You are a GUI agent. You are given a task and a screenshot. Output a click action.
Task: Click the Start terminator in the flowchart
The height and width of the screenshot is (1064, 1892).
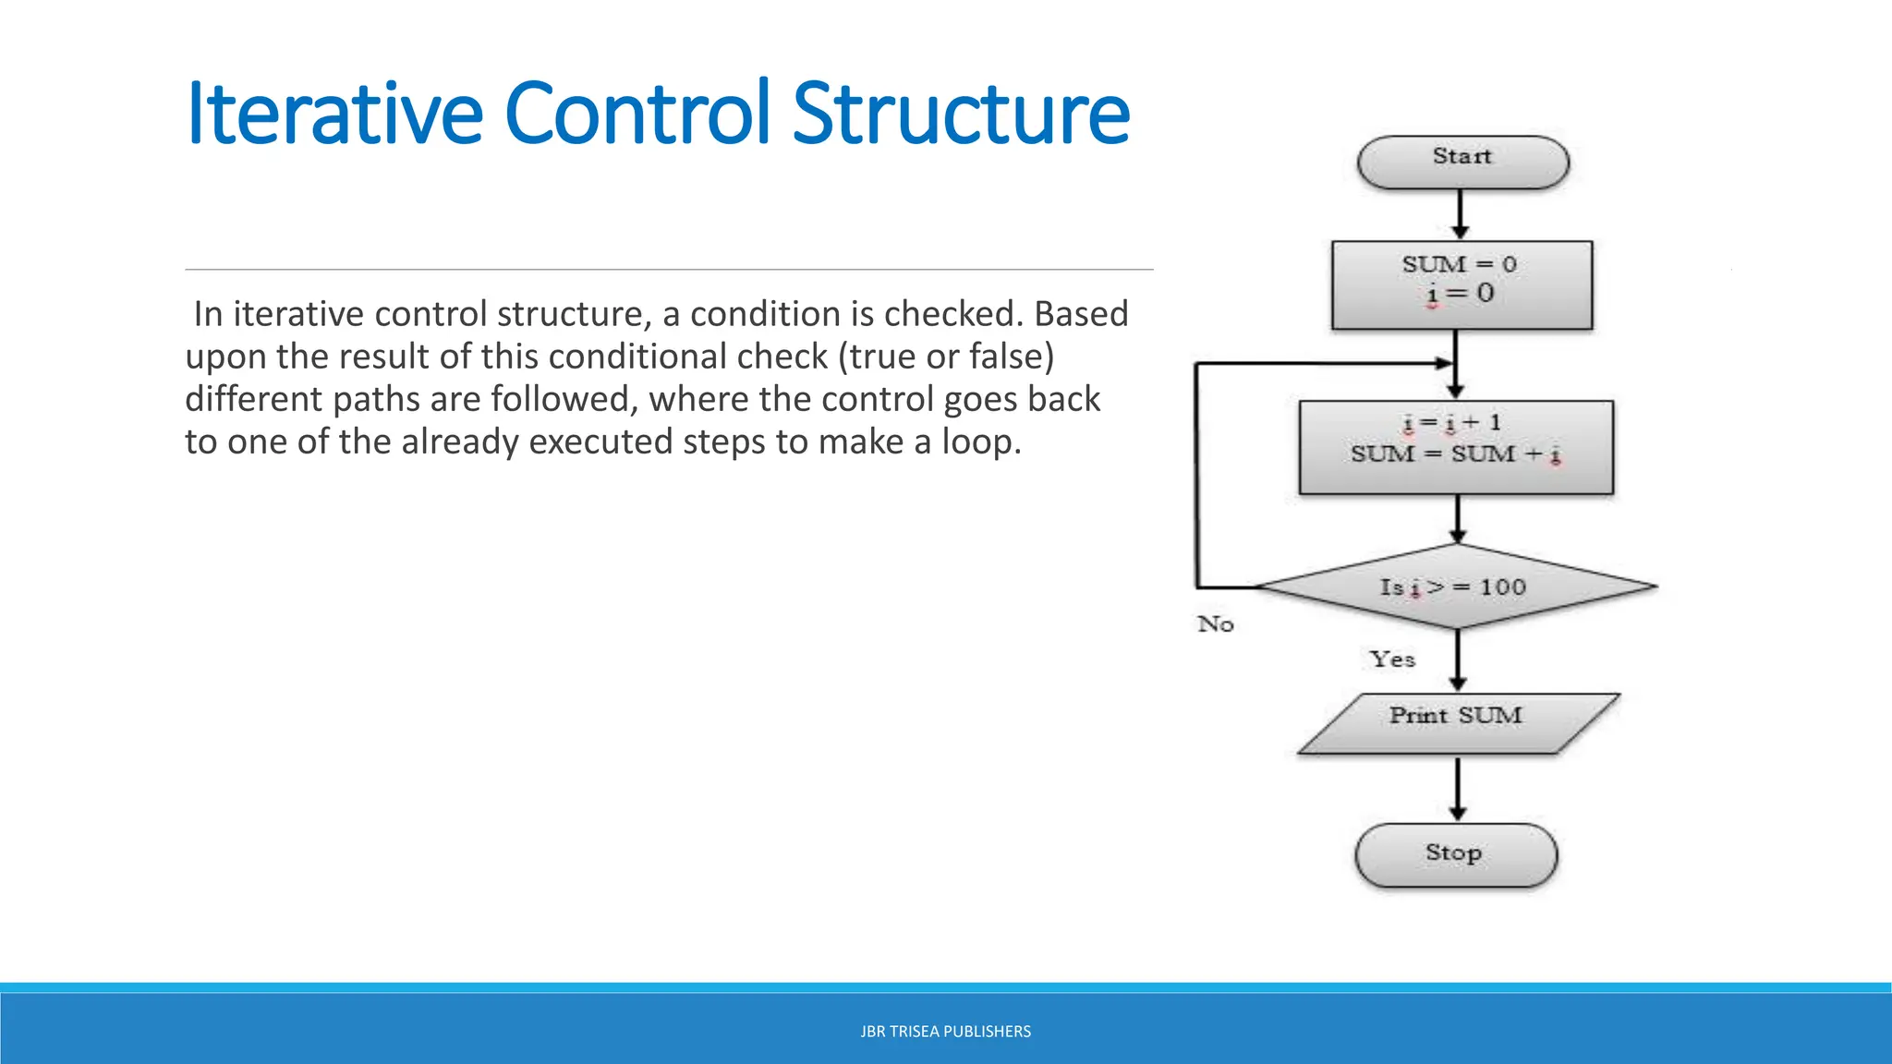[1462, 163]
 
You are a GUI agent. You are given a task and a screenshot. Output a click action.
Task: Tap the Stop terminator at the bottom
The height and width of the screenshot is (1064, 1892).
[1456, 854]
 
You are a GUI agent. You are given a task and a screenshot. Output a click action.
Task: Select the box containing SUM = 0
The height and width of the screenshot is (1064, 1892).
[1461, 284]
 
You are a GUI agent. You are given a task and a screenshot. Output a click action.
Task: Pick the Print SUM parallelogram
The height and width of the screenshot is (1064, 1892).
[1457, 723]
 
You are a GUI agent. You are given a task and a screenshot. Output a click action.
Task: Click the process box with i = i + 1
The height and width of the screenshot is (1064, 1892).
[1456, 447]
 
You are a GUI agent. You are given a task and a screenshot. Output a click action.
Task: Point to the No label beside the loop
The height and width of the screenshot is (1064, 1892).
[1216, 624]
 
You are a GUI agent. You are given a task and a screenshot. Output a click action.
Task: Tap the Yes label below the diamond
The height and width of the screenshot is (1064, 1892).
[1392, 659]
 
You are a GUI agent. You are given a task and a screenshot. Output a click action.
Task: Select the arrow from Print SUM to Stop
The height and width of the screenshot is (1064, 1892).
[1458, 788]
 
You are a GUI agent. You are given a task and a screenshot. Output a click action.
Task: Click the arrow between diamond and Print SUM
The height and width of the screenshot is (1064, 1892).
[1458, 659]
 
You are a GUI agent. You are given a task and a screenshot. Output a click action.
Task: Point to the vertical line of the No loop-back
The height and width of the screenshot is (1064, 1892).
[1197, 476]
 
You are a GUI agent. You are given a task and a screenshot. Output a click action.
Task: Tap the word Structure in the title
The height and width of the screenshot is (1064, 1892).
[961, 115]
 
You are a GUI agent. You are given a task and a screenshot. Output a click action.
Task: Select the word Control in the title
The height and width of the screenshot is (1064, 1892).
[637, 115]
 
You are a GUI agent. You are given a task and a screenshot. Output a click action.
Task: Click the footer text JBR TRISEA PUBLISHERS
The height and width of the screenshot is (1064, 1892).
[945, 1032]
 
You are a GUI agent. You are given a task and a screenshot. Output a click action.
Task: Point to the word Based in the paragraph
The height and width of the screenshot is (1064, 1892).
[1081, 315]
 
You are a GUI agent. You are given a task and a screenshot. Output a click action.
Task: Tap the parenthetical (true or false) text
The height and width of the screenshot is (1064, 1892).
[946, 357]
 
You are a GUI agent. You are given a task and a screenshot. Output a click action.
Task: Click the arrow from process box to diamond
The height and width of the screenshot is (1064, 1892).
[1458, 519]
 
